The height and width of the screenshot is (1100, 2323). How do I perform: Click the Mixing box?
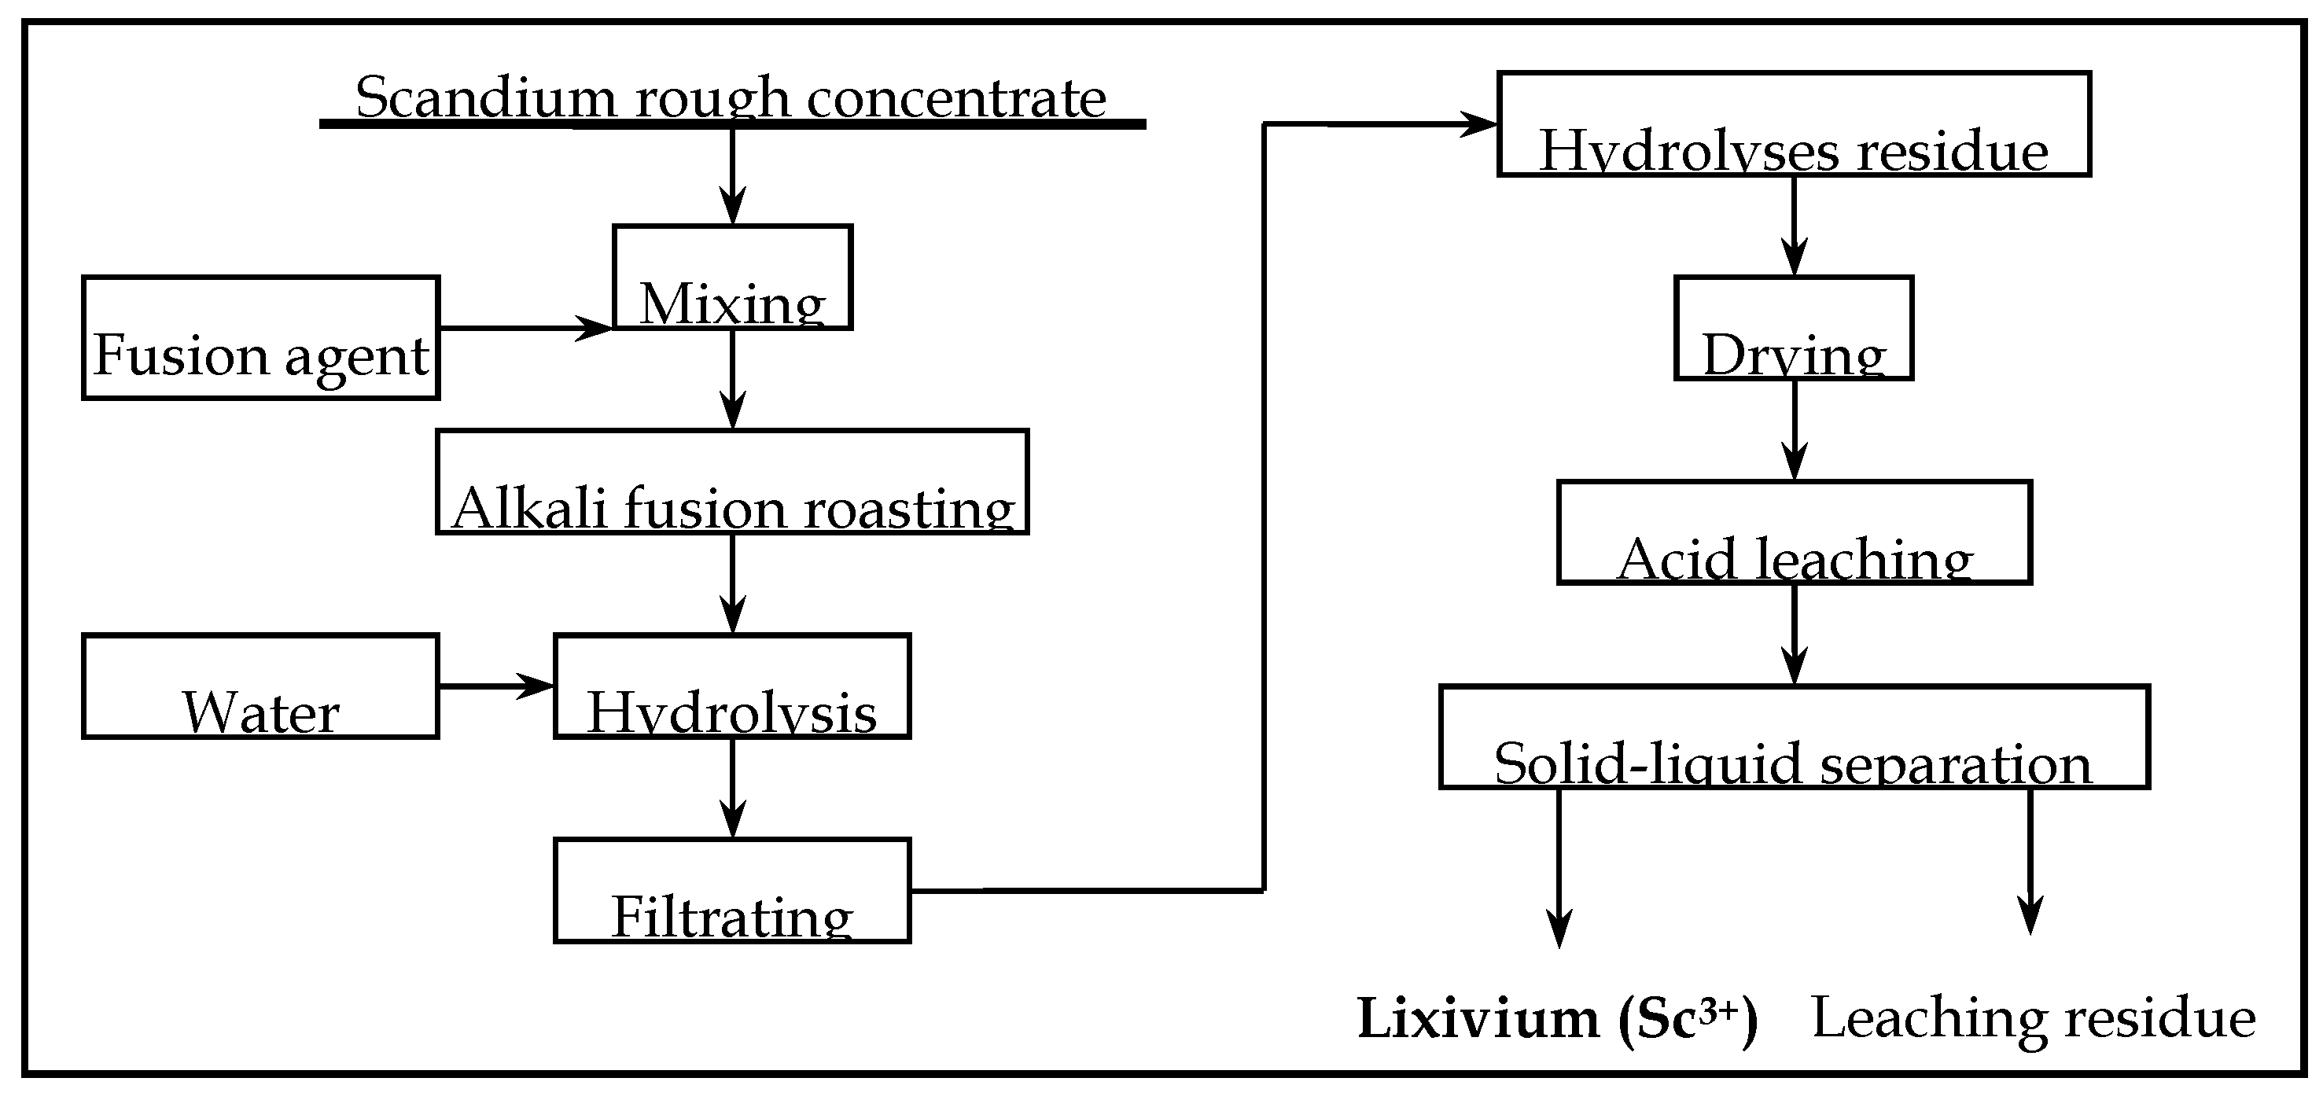pyautogui.click(x=732, y=278)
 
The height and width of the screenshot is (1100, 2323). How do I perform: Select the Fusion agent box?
pyautogui.click(x=260, y=338)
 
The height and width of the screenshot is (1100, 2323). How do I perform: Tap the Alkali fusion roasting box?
pyautogui.click(x=732, y=482)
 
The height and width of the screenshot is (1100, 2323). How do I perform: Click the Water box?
pyautogui.click(x=260, y=687)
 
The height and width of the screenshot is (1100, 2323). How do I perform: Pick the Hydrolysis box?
pyautogui.click(x=732, y=687)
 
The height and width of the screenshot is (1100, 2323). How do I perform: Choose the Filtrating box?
pyautogui.click(x=732, y=892)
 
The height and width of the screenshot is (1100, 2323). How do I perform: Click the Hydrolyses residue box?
pyautogui.click(x=1794, y=124)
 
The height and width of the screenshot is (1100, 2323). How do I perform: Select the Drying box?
pyautogui.click(x=1794, y=328)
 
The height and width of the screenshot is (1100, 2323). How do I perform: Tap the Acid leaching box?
pyautogui.click(x=1794, y=533)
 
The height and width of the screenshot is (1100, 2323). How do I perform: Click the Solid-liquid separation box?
pyautogui.click(x=1794, y=738)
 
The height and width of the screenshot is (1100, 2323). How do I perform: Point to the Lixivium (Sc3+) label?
pyautogui.click(x=1557, y=1020)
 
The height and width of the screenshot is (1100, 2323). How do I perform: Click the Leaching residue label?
pyautogui.click(x=2034, y=1020)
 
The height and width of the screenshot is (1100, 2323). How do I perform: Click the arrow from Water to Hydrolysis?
pyautogui.click(x=496, y=687)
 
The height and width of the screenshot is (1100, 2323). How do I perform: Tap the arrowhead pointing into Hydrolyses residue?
pyautogui.click(x=1479, y=124)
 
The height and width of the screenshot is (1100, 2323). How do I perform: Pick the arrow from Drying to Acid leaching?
pyautogui.click(x=1794, y=430)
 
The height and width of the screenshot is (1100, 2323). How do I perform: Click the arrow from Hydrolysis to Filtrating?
pyautogui.click(x=732, y=789)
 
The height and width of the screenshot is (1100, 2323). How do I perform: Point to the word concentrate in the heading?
pyautogui.click(x=956, y=97)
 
